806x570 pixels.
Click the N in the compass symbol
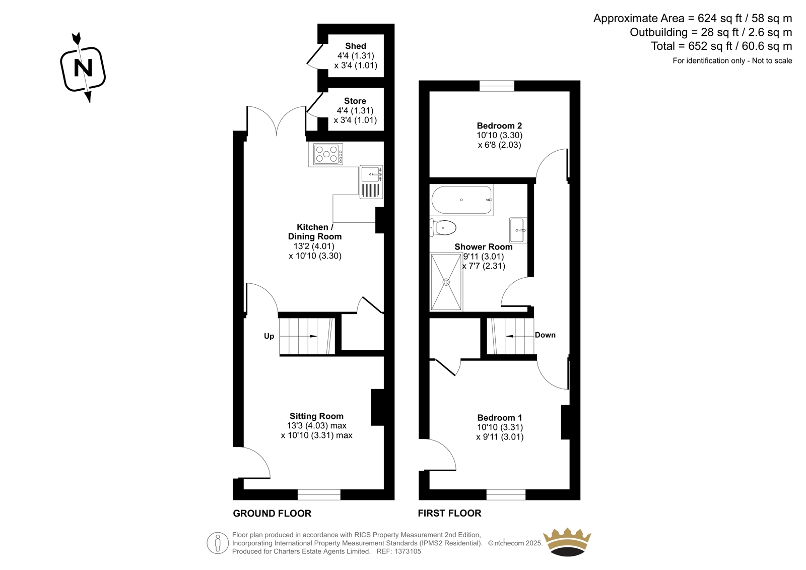click(83, 68)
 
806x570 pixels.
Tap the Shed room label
click(356, 46)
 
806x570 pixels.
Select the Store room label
click(355, 101)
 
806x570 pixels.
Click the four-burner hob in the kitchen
click(328, 154)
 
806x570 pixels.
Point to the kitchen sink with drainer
click(371, 182)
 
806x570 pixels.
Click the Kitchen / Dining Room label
click(315, 232)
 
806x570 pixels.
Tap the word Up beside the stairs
click(269, 336)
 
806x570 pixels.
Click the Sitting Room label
click(317, 416)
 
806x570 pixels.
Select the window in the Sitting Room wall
click(319, 495)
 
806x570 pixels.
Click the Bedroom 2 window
click(497, 86)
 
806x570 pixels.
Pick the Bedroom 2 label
click(499, 125)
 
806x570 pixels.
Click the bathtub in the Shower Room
click(461, 200)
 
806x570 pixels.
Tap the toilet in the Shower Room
click(443, 228)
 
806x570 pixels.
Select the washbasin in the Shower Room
click(518, 230)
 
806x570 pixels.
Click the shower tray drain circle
click(446, 282)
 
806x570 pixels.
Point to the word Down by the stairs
click(545, 335)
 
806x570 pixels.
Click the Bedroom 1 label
click(500, 418)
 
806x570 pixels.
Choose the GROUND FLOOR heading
click(272, 514)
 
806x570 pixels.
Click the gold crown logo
click(567, 542)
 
